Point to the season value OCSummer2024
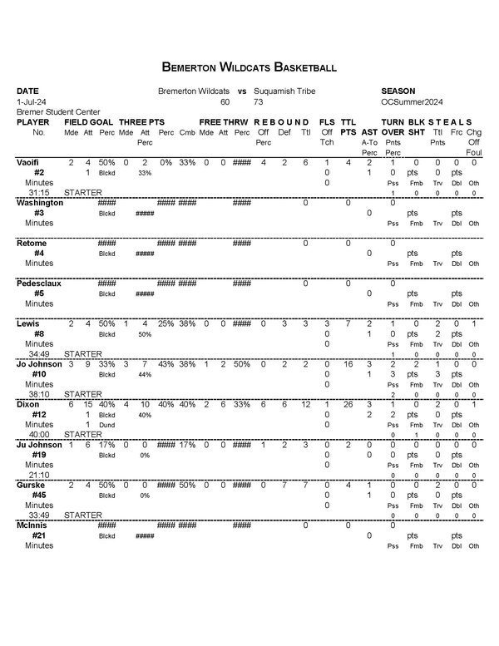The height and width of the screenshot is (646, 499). click(x=409, y=101)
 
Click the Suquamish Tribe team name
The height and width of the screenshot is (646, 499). click(x=284, y=91)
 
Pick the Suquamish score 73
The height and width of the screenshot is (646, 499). click(x=259, y=101)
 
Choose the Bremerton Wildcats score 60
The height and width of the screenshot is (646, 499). click(x=225, y=101)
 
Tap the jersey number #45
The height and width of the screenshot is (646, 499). click(x=38, y=495)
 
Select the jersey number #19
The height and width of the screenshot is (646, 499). click(x=38, y=455)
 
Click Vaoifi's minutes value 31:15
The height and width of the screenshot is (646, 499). click(x=39, y=193)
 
